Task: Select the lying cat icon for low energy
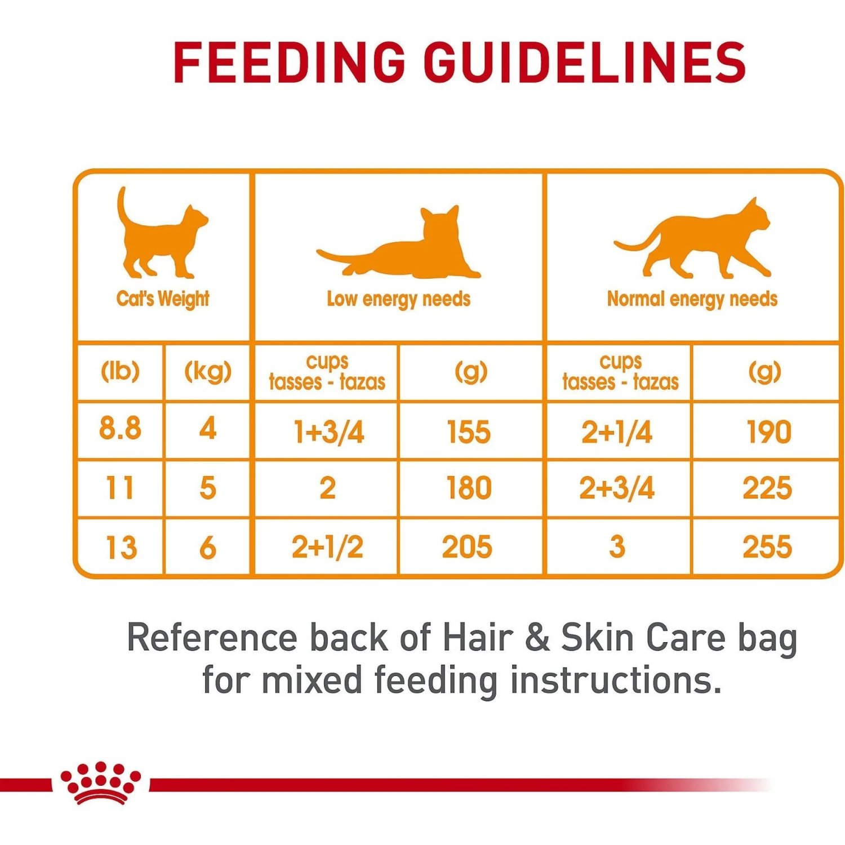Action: coord(400,245)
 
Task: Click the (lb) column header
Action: coord(120,372)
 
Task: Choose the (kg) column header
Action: coord(208,372)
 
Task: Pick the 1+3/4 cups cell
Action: coord(328,432)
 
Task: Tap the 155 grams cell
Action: coord(469,432)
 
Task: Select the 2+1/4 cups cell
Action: coord(617,432)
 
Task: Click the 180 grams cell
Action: coord(469,488)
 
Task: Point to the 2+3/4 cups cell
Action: coord(617,488)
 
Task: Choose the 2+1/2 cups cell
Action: coord(327,547)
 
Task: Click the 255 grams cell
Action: coord(767,547)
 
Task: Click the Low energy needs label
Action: coord(399,299)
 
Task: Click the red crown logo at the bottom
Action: coord(101,783)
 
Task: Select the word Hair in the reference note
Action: coord(478,638)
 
